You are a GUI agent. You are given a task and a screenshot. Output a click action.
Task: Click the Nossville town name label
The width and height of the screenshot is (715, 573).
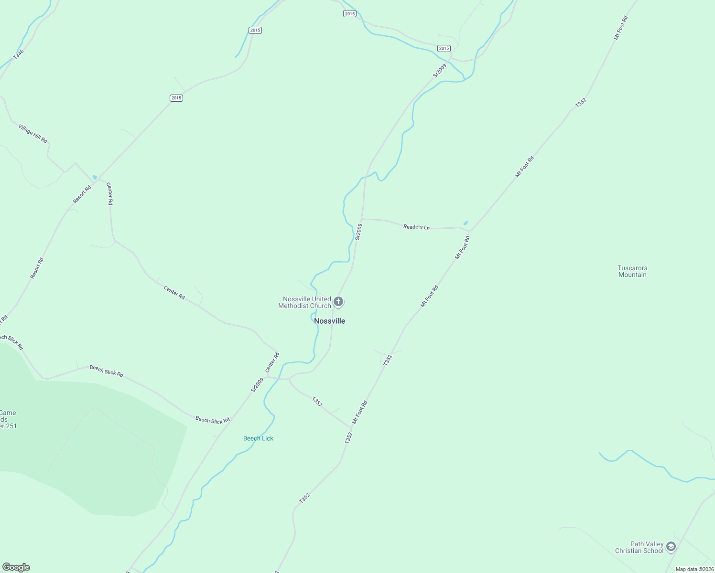click(329, 321)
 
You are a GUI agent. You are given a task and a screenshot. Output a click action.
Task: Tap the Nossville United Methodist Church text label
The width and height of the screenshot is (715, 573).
click(305, 302)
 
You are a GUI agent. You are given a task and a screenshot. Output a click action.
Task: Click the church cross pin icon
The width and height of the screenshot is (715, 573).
click(338, 301)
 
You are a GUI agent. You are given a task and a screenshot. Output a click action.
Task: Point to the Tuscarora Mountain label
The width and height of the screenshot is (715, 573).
click(632, 271)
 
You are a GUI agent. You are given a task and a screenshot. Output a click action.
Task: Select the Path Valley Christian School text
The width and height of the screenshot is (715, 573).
click(639, 547)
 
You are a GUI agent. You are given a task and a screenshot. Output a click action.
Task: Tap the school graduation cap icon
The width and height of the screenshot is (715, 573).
click(671, 546)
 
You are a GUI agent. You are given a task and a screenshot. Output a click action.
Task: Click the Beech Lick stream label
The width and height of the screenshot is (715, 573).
click(258, 438)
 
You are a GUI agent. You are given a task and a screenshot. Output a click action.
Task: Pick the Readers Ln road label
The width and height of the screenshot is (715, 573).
click(416, 227)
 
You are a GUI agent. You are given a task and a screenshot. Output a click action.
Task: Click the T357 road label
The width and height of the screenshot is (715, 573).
click(317, 401)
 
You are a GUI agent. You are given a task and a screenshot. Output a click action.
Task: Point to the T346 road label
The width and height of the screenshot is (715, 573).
click(18, 54)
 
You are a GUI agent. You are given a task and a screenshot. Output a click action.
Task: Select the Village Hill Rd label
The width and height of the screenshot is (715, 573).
click(33, 133)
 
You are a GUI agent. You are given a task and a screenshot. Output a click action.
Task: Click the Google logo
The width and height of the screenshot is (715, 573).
click(16, 567)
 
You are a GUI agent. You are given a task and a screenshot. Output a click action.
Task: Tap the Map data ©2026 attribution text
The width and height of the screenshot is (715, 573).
click(694, 569)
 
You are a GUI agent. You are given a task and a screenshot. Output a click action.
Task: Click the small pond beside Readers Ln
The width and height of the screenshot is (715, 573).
click(466, 223)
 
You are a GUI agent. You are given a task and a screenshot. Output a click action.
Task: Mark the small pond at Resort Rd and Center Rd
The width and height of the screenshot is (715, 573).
click(95, 177)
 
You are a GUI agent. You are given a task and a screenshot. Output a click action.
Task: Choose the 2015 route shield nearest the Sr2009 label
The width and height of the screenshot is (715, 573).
click(444, 48)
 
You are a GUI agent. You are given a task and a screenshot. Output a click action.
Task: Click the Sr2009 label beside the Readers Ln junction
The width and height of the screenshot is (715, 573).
click(358, 232)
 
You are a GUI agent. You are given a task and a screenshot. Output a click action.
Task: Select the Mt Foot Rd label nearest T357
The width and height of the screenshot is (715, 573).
click(360, 413)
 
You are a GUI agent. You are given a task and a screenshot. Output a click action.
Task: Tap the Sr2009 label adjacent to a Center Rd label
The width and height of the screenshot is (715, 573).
click(258, 385)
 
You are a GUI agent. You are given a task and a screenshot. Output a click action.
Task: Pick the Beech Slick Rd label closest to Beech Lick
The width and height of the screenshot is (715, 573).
click(213, 420)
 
